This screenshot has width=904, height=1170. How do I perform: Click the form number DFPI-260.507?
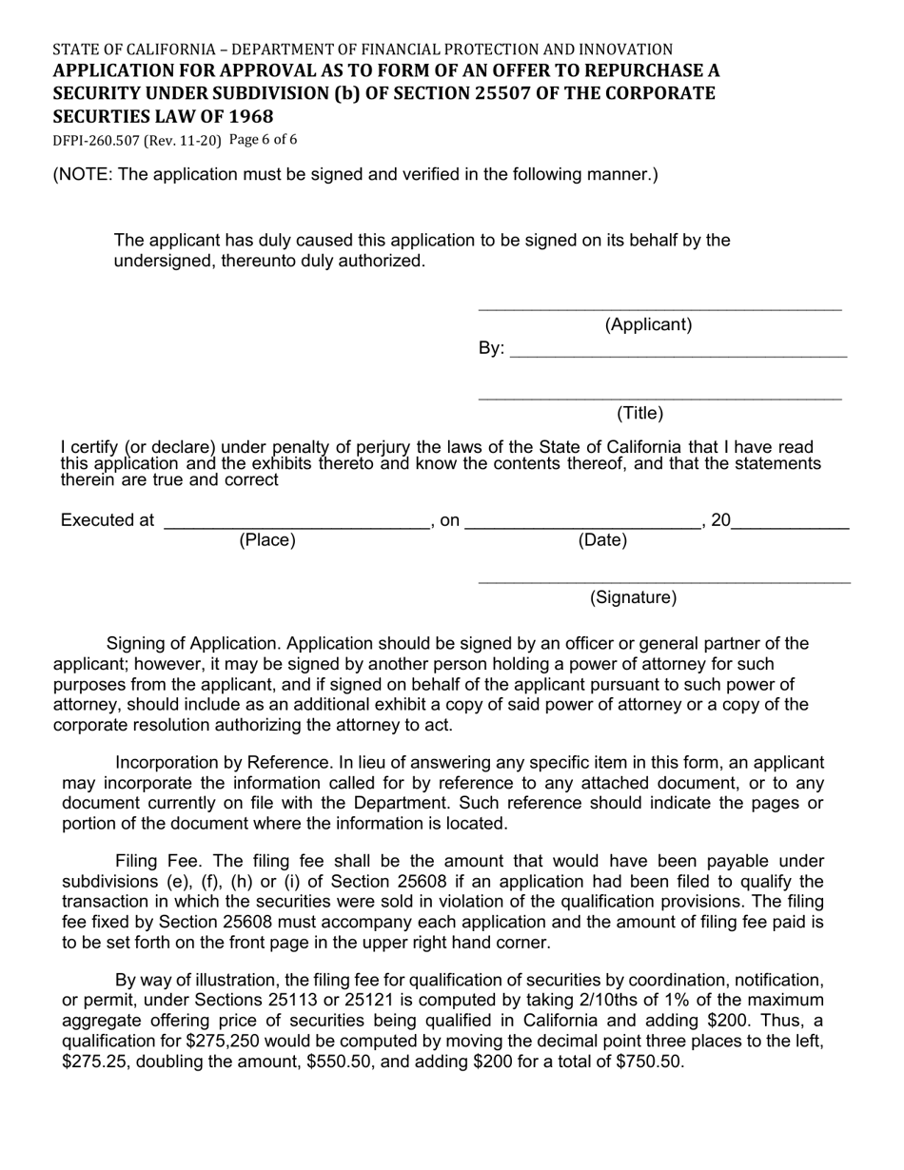(96, 141)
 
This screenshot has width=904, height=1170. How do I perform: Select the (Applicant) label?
(648, 324)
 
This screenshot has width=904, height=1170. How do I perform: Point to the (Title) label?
(639, 413)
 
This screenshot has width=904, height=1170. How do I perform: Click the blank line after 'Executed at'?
(296, 522)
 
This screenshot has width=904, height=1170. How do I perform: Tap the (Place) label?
(266, 540)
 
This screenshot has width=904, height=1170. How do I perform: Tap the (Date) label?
(602, 540)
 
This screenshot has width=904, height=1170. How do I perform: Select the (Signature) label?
(633, 597)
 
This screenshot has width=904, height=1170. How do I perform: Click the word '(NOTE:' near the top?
(83, 174)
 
